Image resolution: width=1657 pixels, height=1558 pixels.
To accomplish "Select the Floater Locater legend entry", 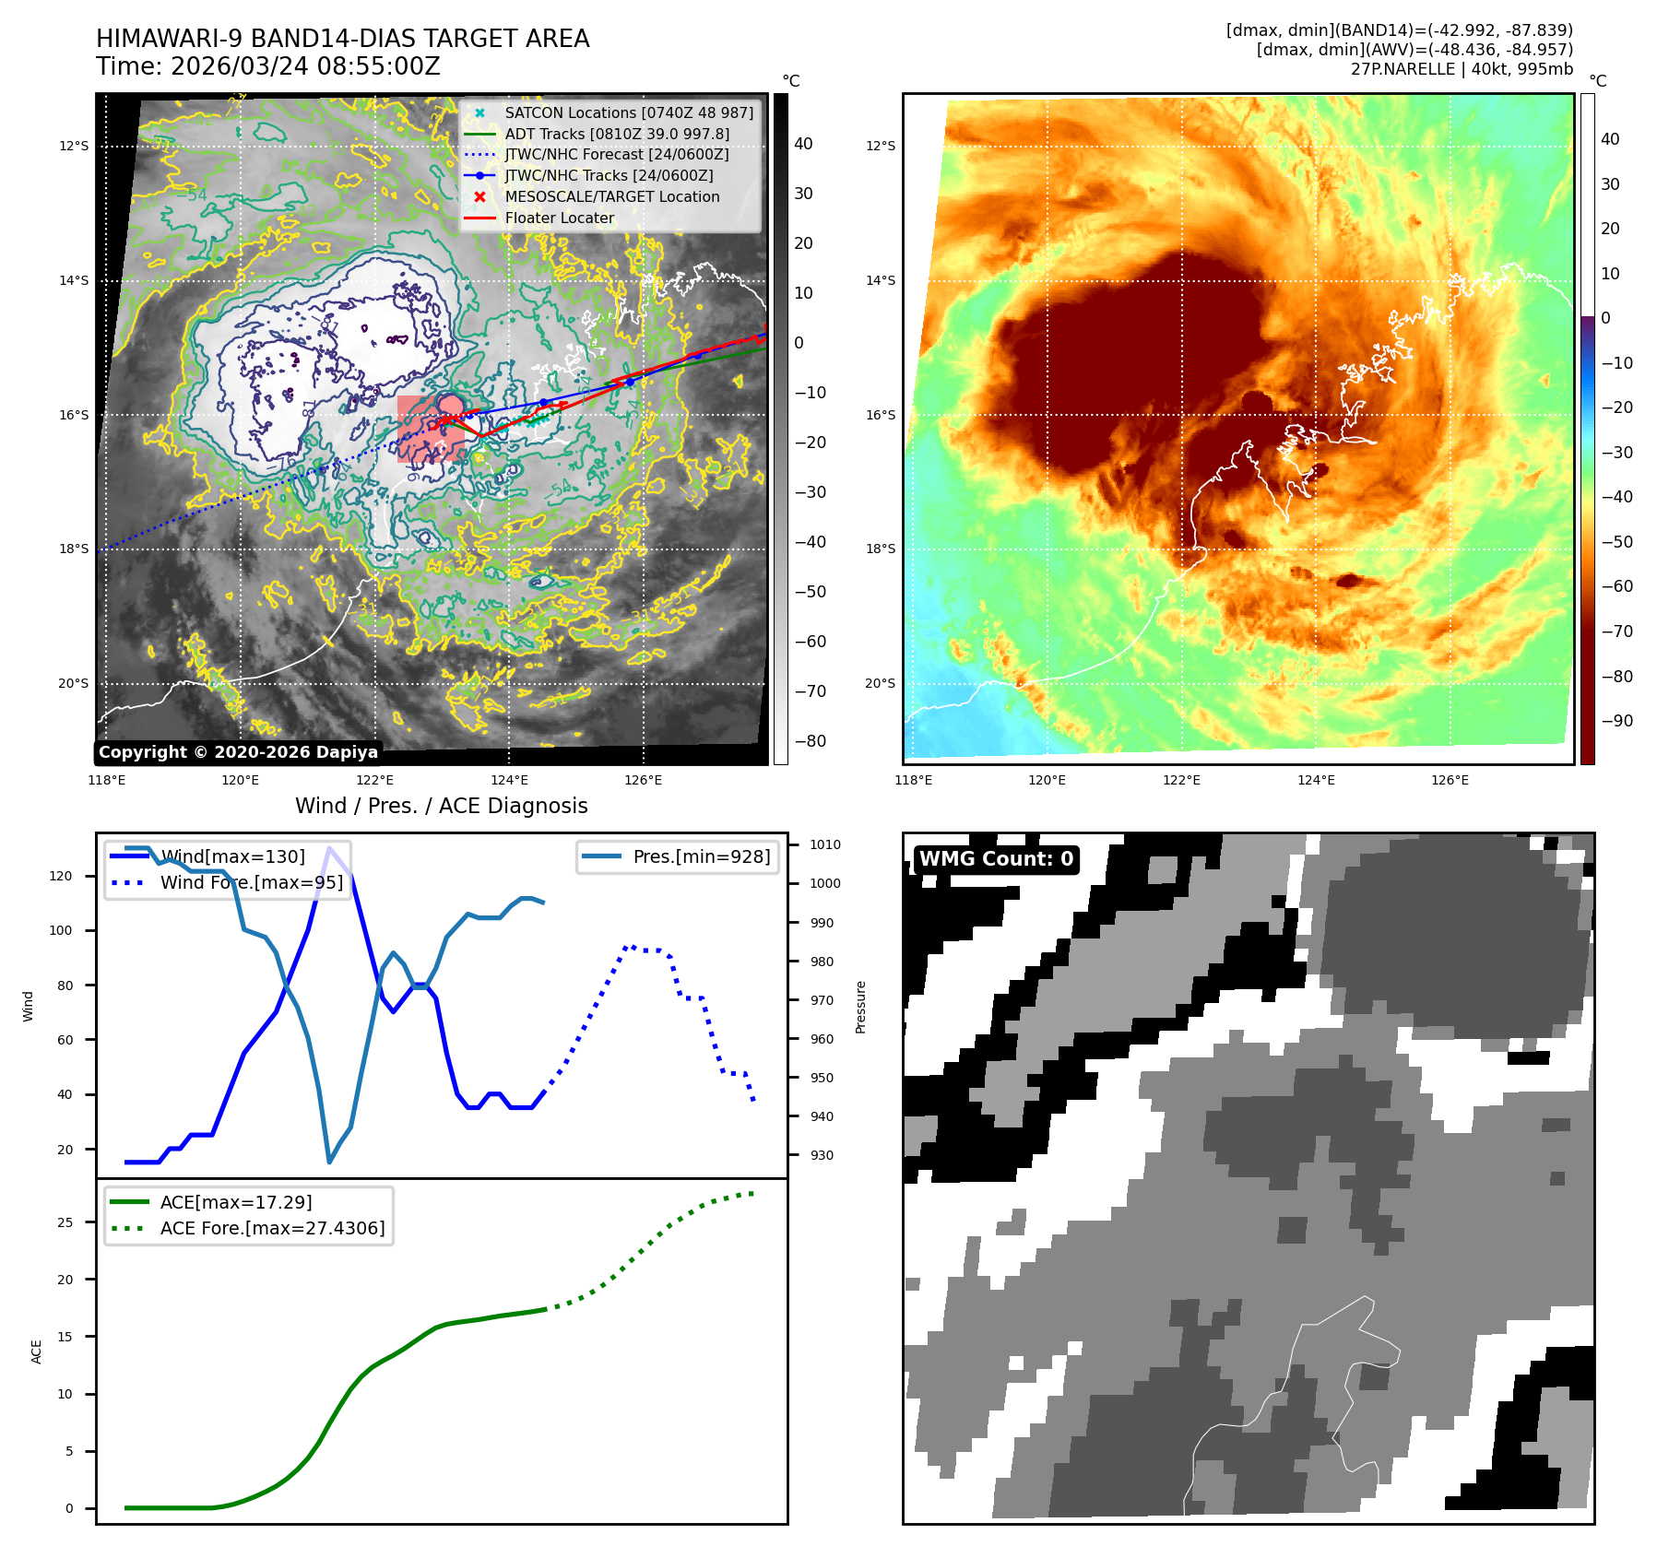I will [x=559, y=218].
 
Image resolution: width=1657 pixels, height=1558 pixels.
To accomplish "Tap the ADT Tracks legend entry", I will [x=616, y=134].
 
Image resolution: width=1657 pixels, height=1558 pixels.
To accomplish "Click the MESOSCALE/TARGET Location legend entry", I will [x=611, y=196].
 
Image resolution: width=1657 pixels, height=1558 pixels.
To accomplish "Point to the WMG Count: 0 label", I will [x=996, y=859].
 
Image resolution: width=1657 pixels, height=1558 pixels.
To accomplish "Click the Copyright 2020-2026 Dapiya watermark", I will [x=238, y=752].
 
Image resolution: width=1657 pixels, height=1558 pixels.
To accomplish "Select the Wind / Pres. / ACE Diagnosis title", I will [x=441, y=806].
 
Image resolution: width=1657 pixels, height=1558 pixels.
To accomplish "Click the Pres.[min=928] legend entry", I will [x=701, y=856].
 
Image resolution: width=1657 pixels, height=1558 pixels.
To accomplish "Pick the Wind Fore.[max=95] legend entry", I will [x=251, y=882].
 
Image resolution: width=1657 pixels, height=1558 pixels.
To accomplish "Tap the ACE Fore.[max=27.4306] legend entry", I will [x=272, y=1228].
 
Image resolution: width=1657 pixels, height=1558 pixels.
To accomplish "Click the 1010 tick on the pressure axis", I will [x=825, y=844].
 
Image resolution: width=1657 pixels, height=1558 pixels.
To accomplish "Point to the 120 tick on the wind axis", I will [x=61, y=876].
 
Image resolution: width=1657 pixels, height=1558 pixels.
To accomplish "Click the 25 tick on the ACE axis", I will [x=65, y=1222].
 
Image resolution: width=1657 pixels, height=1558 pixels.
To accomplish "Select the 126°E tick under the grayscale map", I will [x=643, y=780].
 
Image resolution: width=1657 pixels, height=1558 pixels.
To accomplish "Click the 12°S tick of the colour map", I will [x=881, y=146].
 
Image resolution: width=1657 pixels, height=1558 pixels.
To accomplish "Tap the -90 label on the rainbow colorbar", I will [x=1617, y=721].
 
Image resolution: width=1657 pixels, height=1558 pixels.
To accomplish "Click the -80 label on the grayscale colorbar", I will [x=811, y=741].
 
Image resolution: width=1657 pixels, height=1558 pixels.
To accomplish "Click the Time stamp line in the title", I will [x=268, y=66].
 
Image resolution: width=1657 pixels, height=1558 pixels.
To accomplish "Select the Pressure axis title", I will [x=861, y=1007].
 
